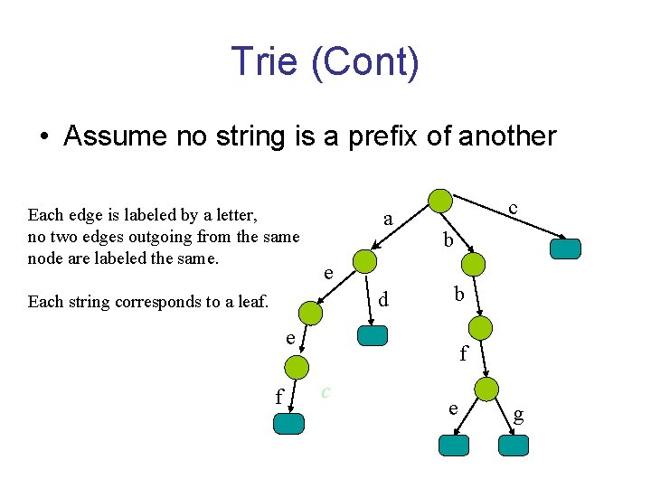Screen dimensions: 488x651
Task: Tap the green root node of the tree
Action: tap(439, 201)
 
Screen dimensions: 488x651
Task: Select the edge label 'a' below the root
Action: tap(388, 220)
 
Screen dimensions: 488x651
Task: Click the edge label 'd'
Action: tap(383, 297)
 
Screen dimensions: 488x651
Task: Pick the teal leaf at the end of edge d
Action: tap(373, 335)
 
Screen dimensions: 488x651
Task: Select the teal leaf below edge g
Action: tap(514, 446)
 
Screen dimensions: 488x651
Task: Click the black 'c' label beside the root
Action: tap(513, 208)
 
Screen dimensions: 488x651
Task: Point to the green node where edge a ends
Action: tap(364, 261)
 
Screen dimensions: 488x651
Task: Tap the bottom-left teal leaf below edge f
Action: tap(289, 425)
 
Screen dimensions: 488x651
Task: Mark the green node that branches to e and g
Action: tap(486, 389)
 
